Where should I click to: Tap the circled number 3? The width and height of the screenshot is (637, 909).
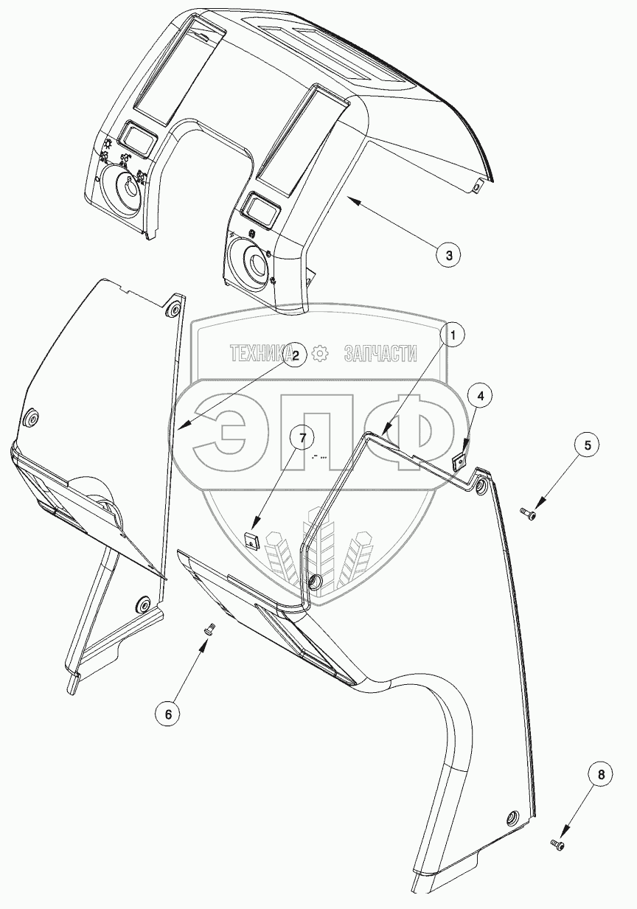(448, 255)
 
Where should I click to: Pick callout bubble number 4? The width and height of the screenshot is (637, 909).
(480, 397)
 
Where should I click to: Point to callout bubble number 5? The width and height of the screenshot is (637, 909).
(587, 445)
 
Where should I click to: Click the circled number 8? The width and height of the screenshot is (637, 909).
(601, 774)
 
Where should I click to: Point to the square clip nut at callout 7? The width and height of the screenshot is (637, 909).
(251, 540)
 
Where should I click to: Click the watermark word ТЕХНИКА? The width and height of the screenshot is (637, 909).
(262, 353)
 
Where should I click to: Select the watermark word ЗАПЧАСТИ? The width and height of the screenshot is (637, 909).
(380, 353)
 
